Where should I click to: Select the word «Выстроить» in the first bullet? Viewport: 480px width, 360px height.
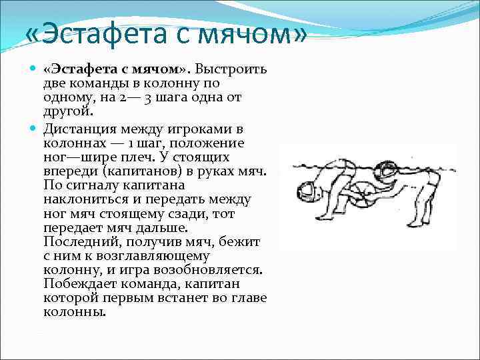(231, 70)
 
